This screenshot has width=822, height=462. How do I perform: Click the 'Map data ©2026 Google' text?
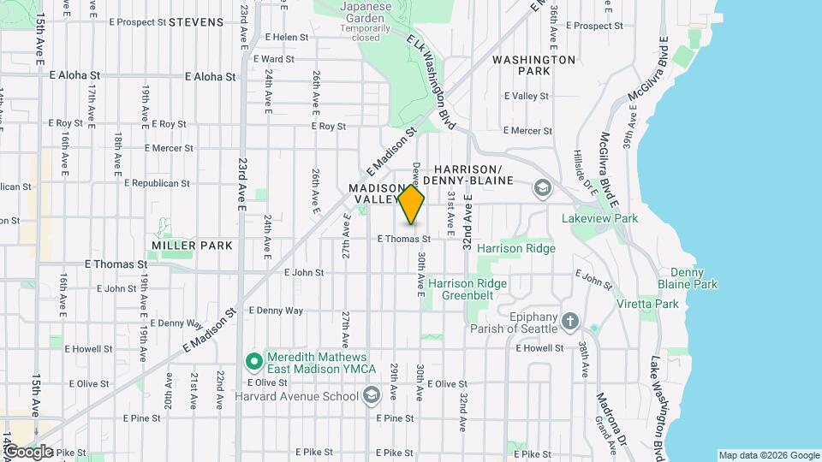pyautogui.click(x=768, y=455)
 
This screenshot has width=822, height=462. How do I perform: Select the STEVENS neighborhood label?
pyautogui.click(x=196, y=22)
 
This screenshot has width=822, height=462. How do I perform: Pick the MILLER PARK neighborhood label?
pyautogui.click(x=192, y=246)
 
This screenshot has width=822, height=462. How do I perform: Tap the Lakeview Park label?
pyautogui.click(x=599, y=219)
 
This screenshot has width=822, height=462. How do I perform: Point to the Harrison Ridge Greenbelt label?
pyautogui.click(x=468, y=289)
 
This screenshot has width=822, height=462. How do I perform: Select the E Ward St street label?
pyautogui.click(x=275, y=60)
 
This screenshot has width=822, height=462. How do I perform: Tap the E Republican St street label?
pyautogui.click(x=157, y=183)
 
